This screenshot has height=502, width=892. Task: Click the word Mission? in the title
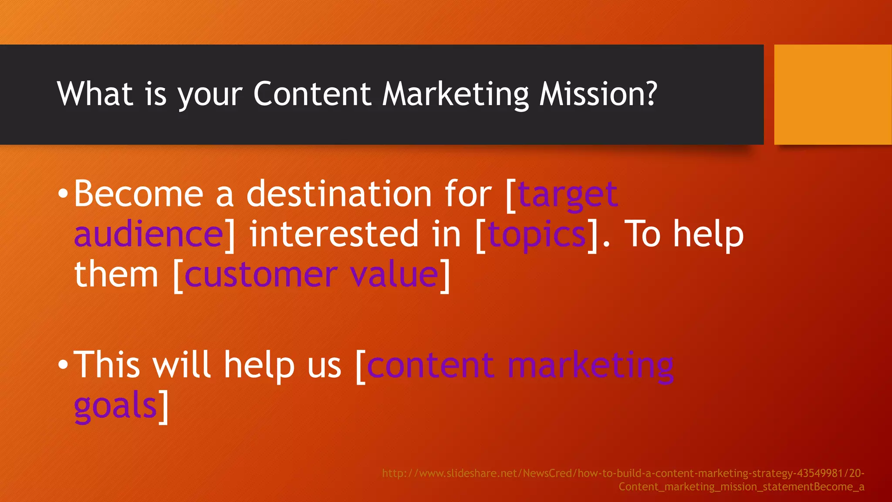pyautogui.click(x=598, y=94)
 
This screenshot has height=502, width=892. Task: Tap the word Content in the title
pyautogui.click(x=311, y=94)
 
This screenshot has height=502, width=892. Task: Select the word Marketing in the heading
pyautogui.click(x=455, y=95)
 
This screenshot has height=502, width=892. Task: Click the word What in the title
pyautogui.click(x=95, y=94)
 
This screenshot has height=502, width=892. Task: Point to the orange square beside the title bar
pyautogui.click(x=832, y=95)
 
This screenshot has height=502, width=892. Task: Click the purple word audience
pyautogui.click(x=149, y=234)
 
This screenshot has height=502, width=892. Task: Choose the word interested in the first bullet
pyautogui.click(x=333, y=234)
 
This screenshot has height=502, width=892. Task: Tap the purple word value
pyautogui.click(x=394, y=275)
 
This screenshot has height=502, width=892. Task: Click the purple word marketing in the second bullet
pyautogui.click(x=591, y=365)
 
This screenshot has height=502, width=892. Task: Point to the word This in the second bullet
pyautogui.click(x=107, y=365)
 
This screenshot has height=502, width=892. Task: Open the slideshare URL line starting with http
pyautogui.click(x=623, y=473)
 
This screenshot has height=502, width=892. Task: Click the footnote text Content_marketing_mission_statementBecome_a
pyautogui.click(x=741, y=487)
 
